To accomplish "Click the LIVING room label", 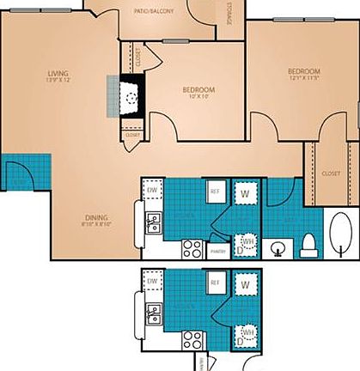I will coord(58,75).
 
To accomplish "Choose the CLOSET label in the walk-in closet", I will coord(330,173).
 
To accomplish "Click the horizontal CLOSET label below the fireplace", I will coord(132,135).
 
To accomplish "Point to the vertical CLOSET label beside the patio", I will coord(139,58).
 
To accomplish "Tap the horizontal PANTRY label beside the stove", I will coord(217,252).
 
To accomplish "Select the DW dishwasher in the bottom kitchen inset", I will coord(152,281).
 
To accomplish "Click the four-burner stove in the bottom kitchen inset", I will coord(192,342).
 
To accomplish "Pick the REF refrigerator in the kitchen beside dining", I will coord(215,191).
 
